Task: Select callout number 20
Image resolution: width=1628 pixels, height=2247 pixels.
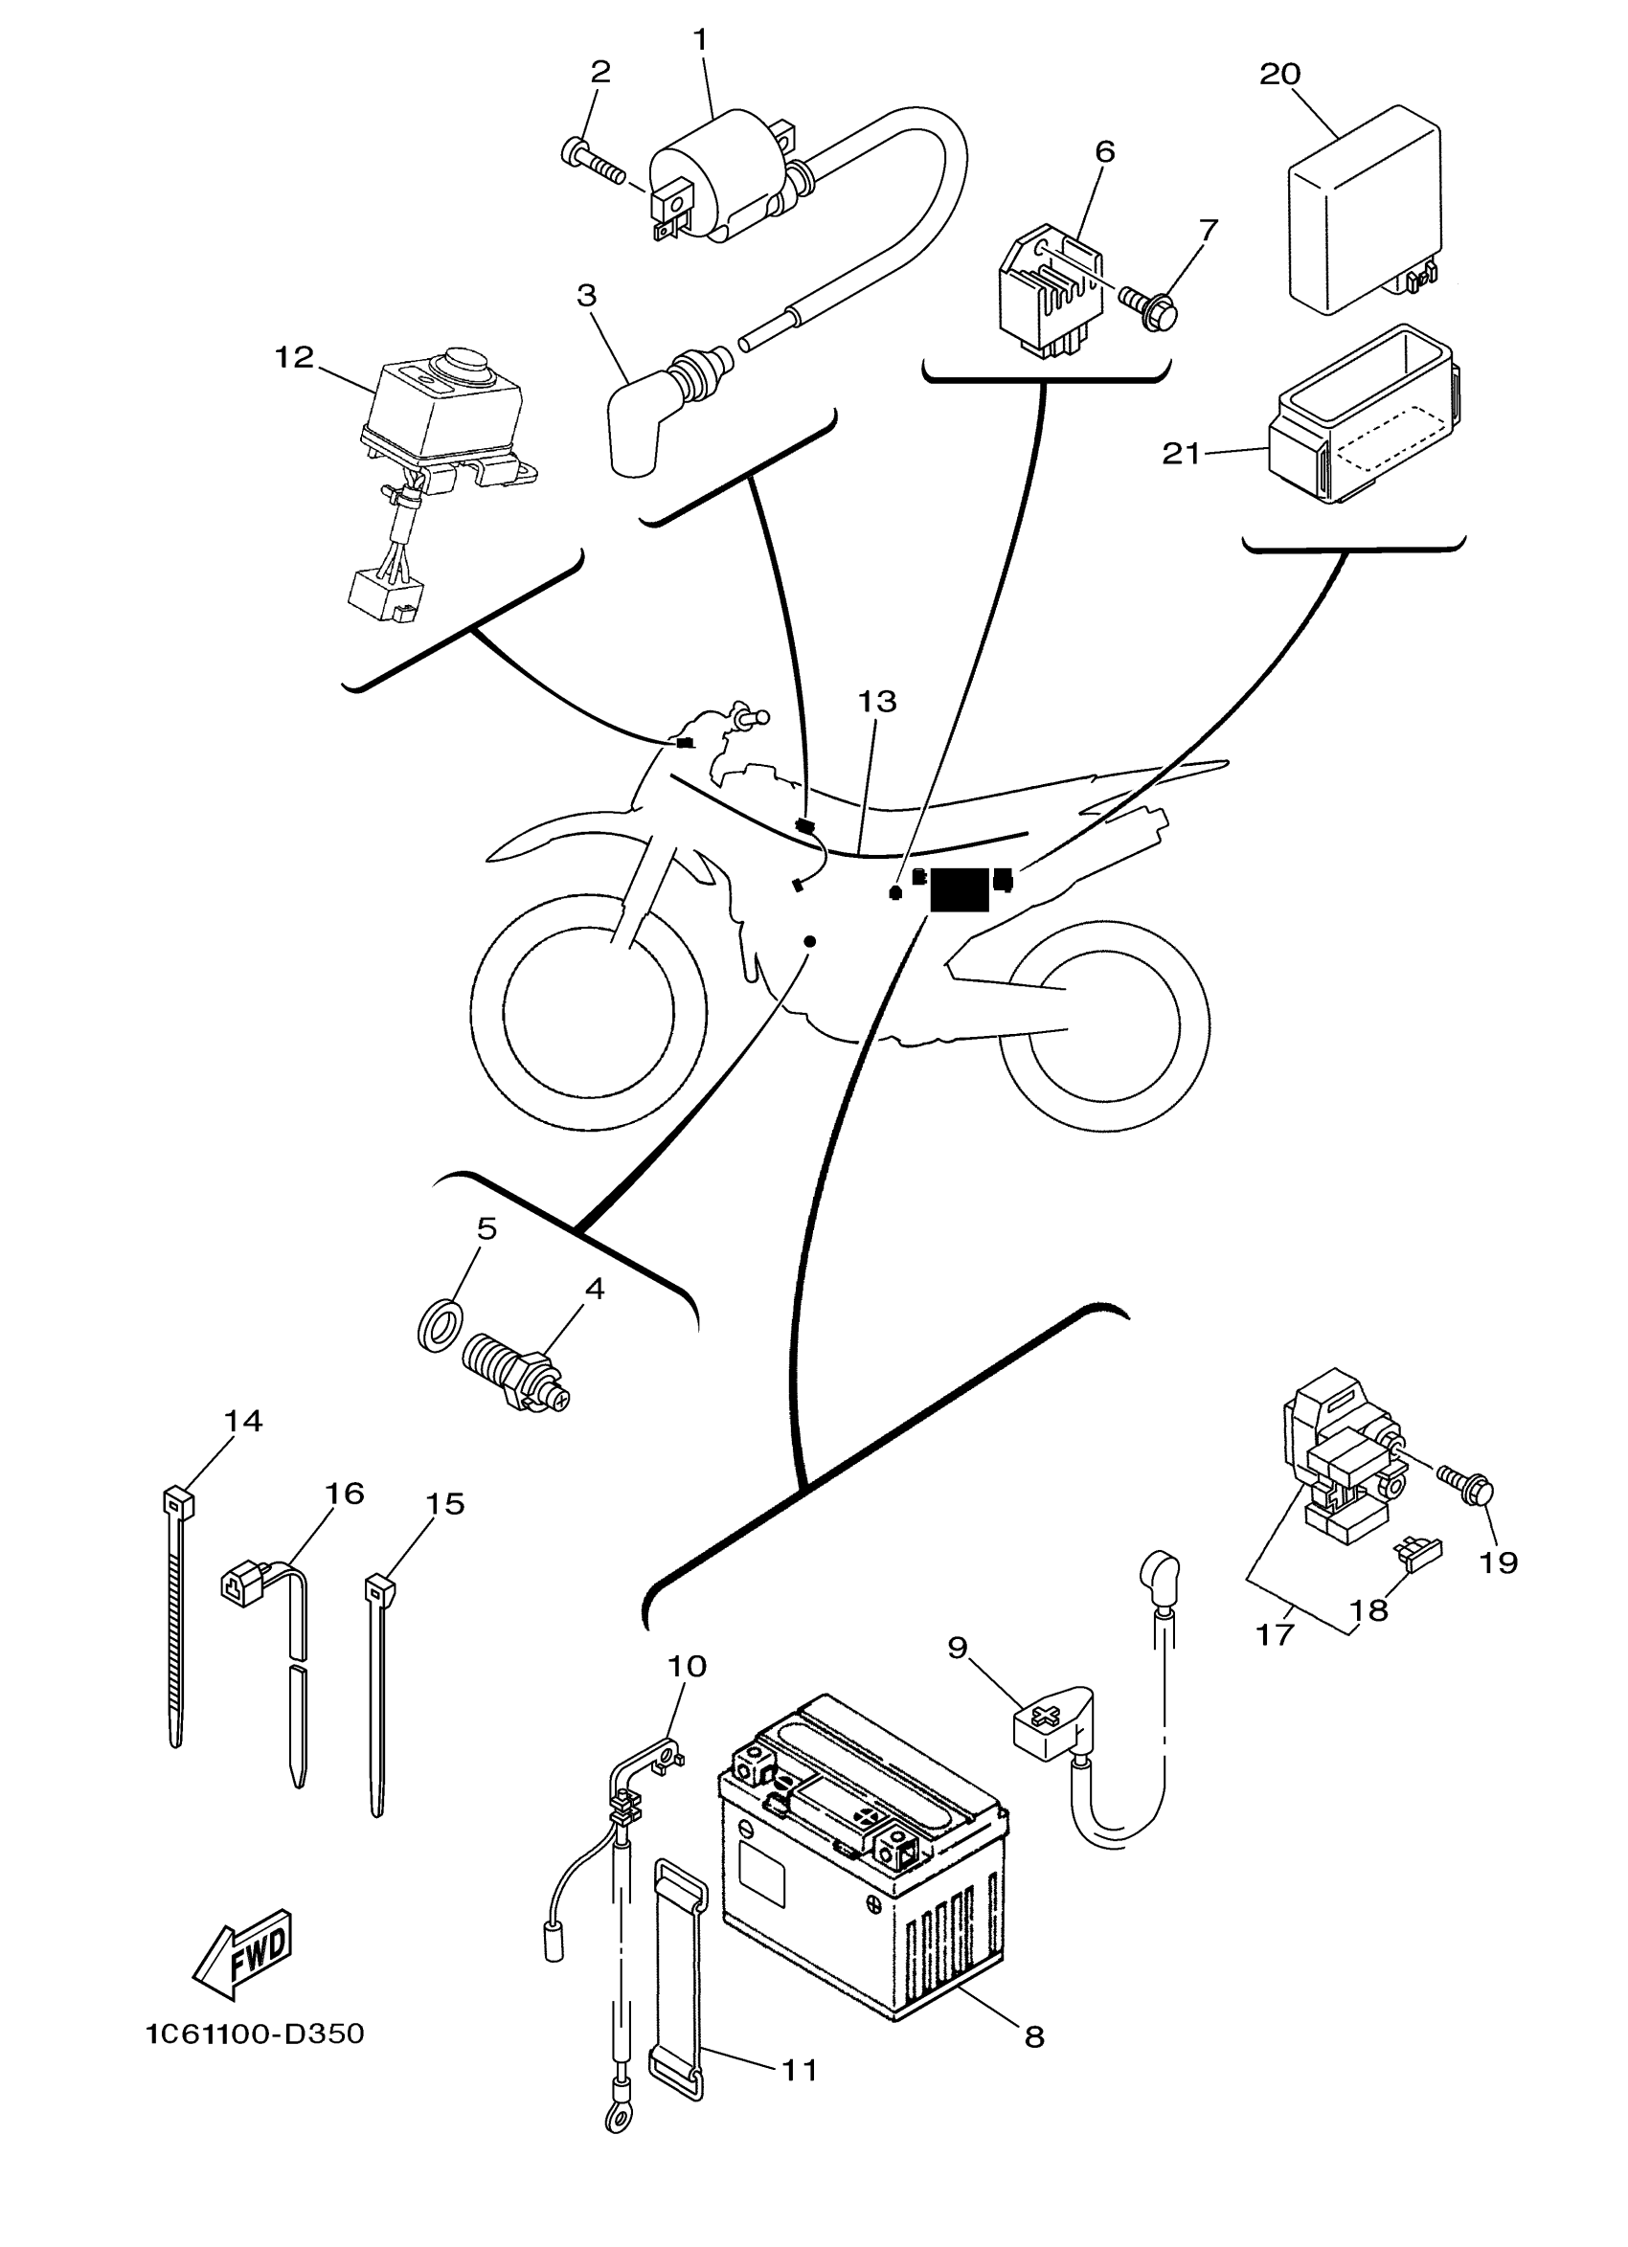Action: coord(1279,75)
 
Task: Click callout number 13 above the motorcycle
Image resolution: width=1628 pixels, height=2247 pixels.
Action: coord(877,702)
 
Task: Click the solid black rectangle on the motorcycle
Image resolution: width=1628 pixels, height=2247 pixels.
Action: coord(960,888)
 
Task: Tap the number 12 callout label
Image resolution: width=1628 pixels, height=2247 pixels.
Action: coord(293,357)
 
